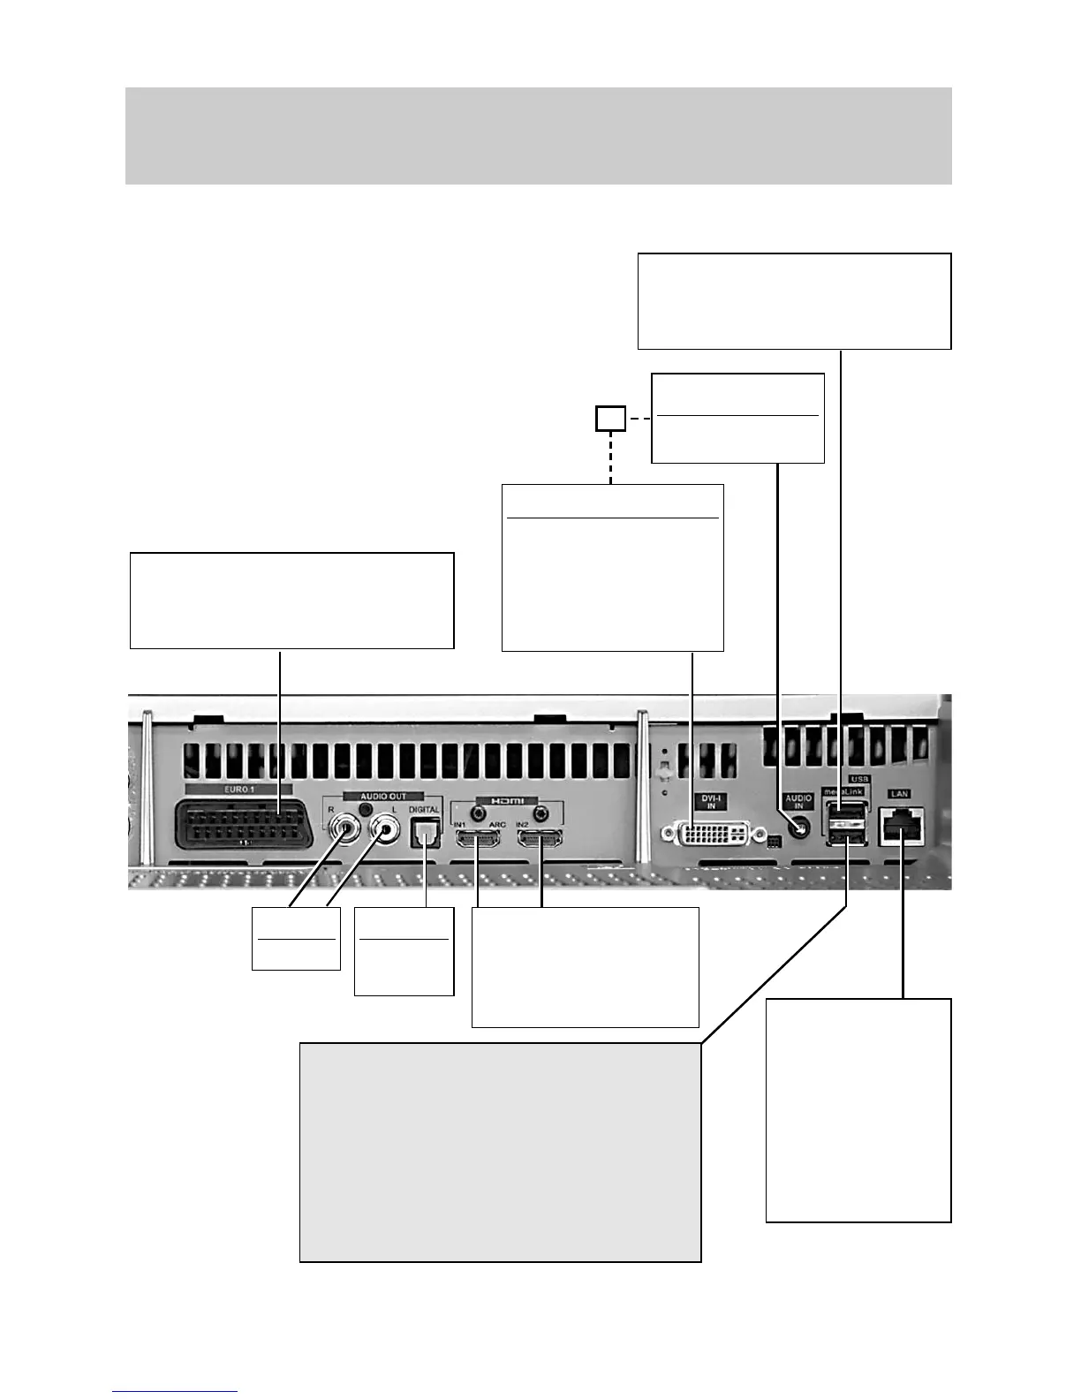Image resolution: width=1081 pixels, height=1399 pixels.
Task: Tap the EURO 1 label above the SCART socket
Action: pos(237,789)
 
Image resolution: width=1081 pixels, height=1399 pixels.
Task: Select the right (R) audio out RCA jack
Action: pos(343,829)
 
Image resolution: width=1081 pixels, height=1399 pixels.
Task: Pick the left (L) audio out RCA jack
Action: pos(385,829)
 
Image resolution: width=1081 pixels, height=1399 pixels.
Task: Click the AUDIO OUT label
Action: pos(384,796)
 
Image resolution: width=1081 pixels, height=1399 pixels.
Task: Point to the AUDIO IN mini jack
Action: pos(798,828)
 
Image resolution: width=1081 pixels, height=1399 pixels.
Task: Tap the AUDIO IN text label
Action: pos(798,802)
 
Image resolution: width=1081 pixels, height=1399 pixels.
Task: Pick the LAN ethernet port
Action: pos(901,826)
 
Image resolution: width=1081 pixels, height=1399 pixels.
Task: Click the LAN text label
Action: pos(900,794)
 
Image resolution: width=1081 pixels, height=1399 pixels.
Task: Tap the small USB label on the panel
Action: pos(859,780)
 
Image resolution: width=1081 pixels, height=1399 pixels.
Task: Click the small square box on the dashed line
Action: pos(610,419)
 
